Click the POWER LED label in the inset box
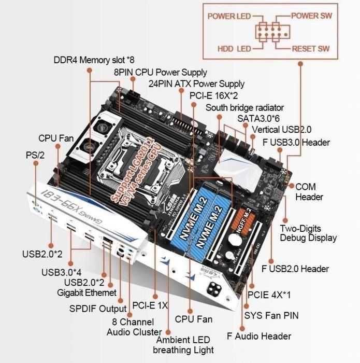pos(228,16)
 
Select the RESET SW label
pos(311,49)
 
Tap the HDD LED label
pos(234,49)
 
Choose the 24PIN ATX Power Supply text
pos(196,83)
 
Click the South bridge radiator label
pos(244,107)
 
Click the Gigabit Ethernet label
pos(87,292)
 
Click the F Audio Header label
pos(259,336)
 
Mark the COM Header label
pos(309,191)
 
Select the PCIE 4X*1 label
pos(269,295)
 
